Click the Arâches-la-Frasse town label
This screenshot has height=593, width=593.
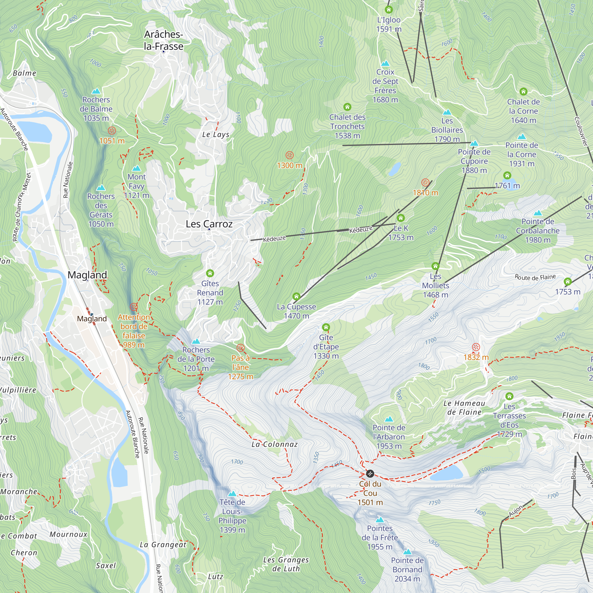tap(163, 40)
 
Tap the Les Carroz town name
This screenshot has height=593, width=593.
tap(209, 224)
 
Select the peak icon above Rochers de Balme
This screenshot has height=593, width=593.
tap(96, 91)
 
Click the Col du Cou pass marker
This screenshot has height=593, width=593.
tap(370, 474)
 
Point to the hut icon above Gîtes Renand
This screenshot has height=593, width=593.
tap(210, 273)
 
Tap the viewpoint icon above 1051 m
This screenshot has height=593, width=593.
tap(112, 131)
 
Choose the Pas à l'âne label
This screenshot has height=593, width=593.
tap(241, 367)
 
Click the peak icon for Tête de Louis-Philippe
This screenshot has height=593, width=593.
tap(232, 494)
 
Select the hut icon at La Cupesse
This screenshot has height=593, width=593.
tap(296, 296)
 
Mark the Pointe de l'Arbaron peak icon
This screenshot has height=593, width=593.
tap(389, 419)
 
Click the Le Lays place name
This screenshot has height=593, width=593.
tap(216, 134)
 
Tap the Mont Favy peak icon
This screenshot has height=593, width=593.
tap(136, 168)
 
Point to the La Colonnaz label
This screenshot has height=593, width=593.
tap(274, 444)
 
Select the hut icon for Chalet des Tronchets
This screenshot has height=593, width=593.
tap(347, 107)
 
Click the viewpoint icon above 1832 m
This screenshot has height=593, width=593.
tap(476, 347)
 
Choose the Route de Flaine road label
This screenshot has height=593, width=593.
tap(535, 277)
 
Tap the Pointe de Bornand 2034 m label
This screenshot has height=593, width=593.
tap(407, 569)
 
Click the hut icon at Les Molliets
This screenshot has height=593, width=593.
tap(435, 266)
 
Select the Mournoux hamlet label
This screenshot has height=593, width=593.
tap(68, 534)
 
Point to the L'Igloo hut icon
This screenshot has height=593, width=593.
tap(389, 10)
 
